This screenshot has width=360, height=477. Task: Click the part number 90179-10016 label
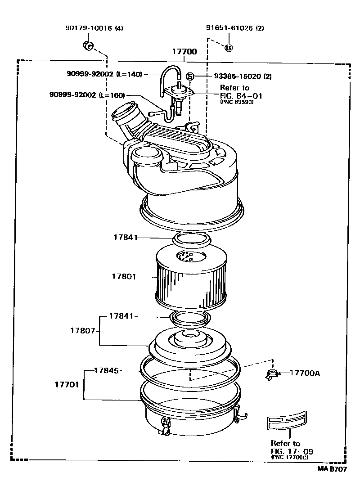click(x=89, y=28)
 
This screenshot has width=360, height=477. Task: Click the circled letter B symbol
click(x=229, y=48)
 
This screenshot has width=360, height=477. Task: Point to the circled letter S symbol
click(x=190, y=76)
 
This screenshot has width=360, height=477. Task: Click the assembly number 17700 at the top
click(x=184, y=52)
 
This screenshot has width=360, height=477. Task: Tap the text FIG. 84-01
click(x=241, y=95)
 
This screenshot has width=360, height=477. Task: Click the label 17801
click(x=124, y=275)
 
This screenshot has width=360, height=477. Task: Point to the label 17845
click(x=106, y=371)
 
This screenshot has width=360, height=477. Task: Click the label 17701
click(x=67, y=385)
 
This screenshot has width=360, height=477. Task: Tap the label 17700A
click(x=305, y=373)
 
